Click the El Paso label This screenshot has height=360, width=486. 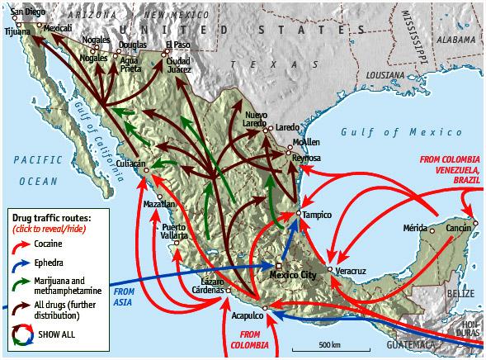pos(177,45)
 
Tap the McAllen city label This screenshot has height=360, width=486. pos(306,142)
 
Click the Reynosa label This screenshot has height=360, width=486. pos(306,157)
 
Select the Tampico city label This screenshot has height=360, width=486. pos(317,215)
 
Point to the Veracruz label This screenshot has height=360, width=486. pos(351,270)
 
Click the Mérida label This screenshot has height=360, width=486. pos(415,226)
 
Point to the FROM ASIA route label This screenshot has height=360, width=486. pos(123,296)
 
